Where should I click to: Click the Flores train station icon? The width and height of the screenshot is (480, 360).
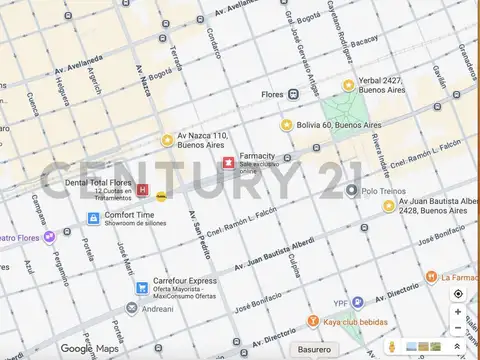coord(293,94)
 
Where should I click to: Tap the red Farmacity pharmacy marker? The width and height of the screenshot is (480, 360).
coord(228,162)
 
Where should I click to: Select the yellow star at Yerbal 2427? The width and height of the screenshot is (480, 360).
coord(349,86)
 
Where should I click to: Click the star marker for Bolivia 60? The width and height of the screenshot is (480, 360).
coord(287,125)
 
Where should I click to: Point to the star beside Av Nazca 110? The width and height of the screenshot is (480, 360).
coord(167,140)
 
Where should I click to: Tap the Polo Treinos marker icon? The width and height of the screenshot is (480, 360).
coord(352,190)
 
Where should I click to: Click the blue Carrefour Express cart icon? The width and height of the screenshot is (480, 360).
coord(144,288)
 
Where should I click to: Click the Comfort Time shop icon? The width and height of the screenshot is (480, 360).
coord(95,215)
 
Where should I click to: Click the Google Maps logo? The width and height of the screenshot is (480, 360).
coord(90,348)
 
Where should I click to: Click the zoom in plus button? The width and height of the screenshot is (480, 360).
coord(458,312)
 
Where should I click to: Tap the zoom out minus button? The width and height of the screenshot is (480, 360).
coord(458,329)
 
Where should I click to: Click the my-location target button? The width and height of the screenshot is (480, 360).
coord(458,294)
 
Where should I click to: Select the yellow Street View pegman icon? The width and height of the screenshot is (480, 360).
coord(392,348)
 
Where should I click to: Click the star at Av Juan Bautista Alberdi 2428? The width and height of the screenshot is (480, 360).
coord(389,206)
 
